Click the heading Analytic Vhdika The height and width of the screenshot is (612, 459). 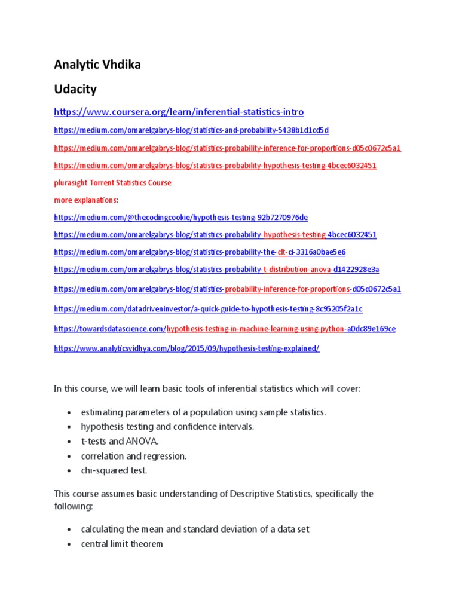[97, 65]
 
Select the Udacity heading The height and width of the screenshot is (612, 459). [75, 90]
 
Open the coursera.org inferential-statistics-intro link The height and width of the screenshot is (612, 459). [179, 112]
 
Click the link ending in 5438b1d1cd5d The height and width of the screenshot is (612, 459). [191, 130]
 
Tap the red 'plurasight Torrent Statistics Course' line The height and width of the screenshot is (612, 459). [112, 183]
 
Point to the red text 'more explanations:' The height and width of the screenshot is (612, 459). [86, 200]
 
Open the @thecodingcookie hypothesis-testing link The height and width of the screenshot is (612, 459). [180, 218]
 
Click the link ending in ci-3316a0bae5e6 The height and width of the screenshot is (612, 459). [200, 252]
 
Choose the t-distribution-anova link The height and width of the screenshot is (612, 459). [216, 270]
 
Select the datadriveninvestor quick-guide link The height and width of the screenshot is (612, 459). [208, 309]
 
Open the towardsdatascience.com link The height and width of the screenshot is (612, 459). [224, 329]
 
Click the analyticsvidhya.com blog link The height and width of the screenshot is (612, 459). [186, 348]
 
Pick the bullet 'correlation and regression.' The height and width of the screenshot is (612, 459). [134, 456]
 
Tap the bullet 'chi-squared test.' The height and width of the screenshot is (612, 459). [114, 470]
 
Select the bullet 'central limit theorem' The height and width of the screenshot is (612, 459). [122, 544]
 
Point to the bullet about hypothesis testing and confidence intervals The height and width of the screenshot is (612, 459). [167, 427]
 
